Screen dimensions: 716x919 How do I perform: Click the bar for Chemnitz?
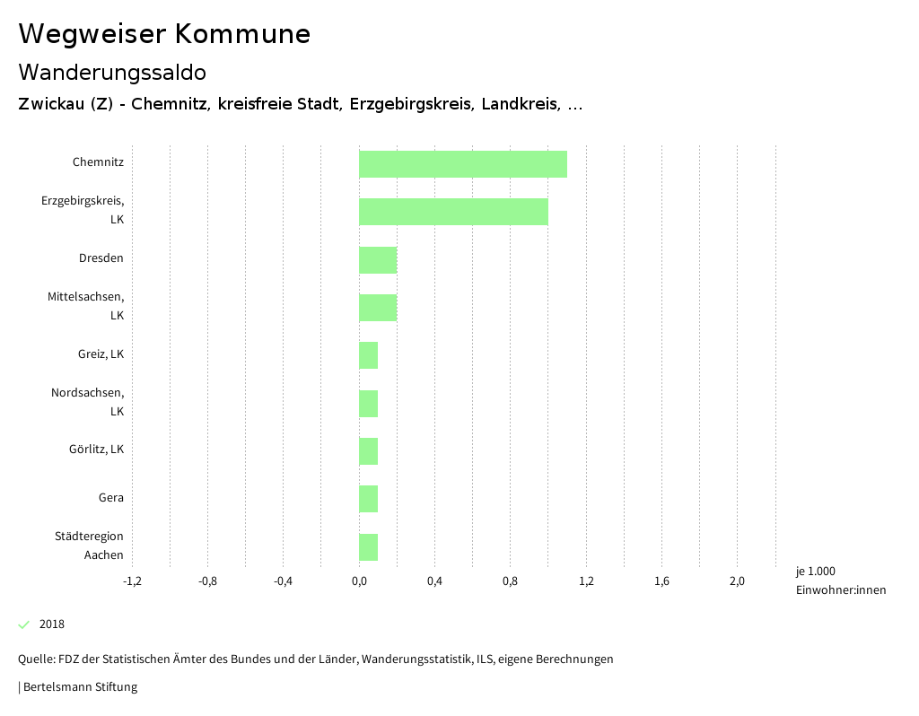(x=463, y=164)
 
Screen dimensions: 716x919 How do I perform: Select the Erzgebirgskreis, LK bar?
(x=453, y=212)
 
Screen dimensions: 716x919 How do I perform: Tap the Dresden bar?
(x=378, y=260)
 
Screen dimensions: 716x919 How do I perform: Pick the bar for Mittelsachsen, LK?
(x=378, y=308)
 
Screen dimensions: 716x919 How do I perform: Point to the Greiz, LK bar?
(x=368, y=355)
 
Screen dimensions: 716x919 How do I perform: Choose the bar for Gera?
(x=368, y=499)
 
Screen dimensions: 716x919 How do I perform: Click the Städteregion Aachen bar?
(x=368, y=546)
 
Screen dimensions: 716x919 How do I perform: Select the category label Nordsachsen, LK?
(x=88, y=402)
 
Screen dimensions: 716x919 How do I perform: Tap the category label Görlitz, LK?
(x=96, y=450)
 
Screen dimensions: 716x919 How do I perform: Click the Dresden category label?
(x=101, y=258)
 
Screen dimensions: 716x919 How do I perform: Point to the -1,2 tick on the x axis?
(x=132, y=581)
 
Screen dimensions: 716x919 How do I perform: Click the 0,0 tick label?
(x=359, y=581)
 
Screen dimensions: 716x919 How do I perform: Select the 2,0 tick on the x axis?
(x=737, y=581)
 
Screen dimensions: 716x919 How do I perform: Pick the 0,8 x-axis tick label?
(x=510, y=581)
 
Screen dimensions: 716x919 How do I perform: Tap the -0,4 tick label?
(x=283, y=581)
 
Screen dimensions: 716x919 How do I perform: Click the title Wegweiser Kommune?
(x=164, y=34)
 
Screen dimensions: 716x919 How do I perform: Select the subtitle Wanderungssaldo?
(x=112, y=72)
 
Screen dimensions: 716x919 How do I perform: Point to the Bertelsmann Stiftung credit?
(x=79, y=687)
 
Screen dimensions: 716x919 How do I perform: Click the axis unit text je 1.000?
(x=815, y=572)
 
